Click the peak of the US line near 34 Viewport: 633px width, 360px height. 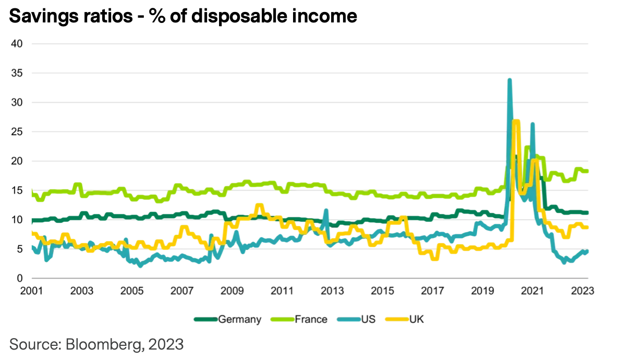(x=509, y=80)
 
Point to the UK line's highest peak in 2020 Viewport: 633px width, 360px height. (x=516, y=122)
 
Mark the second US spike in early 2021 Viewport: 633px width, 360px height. (x=532, y=124)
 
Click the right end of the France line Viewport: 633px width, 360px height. (x=587, y=171)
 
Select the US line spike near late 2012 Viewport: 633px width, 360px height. (x=326, y=210)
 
